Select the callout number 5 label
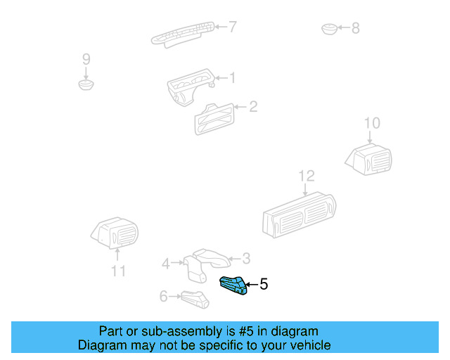point(264,285)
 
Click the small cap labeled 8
point(329,29)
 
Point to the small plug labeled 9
point(86,85)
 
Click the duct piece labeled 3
point(212,258)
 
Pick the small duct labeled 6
point(195,299)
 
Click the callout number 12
point(307,176)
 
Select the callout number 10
point(372,124)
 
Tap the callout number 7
point(233,27)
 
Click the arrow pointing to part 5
point(252,285)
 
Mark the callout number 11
point(118,271)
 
